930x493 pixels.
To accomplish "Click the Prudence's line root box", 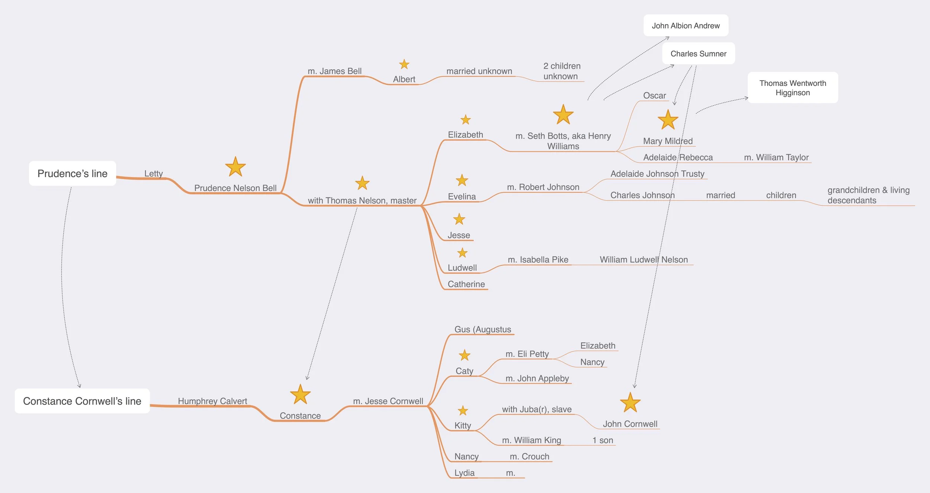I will point(73,173).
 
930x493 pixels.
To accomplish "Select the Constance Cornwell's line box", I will point(82,401).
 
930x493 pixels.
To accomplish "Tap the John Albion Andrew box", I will point(686,26).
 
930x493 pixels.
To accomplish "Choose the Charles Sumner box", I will point(698,54).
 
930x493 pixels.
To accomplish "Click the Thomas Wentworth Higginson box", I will point(792,88).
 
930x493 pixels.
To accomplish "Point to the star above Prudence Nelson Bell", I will point(235,167).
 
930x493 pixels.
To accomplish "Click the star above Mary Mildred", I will point(668,120).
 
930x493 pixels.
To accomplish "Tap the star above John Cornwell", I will point(630,403).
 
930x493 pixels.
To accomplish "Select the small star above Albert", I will point(404,64).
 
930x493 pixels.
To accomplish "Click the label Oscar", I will point(654,96).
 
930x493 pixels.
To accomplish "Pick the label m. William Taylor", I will point(776,157).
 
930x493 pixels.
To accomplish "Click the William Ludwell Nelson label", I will point(644,260).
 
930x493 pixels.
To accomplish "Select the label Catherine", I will point(466,284).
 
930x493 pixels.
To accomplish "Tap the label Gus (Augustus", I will point(482,329).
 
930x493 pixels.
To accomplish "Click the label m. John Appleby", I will point(537,378).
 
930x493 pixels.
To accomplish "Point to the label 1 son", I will point(603,440).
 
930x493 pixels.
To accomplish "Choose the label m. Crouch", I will point(529,457).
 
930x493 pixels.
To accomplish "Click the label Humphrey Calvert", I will point(212,401).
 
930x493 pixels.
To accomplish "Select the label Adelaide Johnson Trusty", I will point(657,174).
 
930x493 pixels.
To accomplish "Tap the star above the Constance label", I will point(300,394).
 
